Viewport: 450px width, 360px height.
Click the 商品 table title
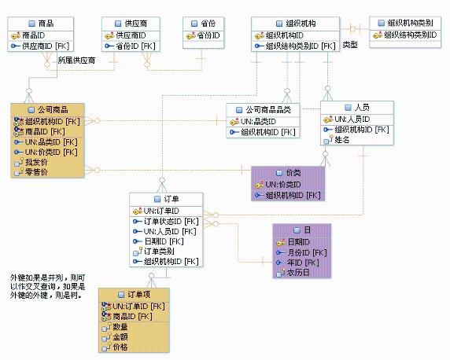pyautogui.click(x=46, y=24)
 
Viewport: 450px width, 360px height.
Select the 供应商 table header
pyautogui.click(x=130, y=24)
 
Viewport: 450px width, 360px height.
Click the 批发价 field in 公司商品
pyautogui.click(x=37, y=162)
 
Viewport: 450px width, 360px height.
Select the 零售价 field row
pyautogui.click(x=37, y=172)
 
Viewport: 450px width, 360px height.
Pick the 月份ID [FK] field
pyautogui.click(x=308, y=252)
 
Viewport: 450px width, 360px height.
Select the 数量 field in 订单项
pyautogui.click(x=120, y=326)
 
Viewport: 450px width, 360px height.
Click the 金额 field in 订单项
pyautogui.click(x=120, y=336)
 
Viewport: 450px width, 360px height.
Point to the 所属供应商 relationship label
pyautogui.click(x=76, y=60)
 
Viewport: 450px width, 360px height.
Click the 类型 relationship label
pyautogui.click(x=350, y=45)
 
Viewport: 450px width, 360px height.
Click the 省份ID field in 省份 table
pyautogui.click(x=208, y=36)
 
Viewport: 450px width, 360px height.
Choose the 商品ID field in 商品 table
pyautogui.click(x=39, y=36)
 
